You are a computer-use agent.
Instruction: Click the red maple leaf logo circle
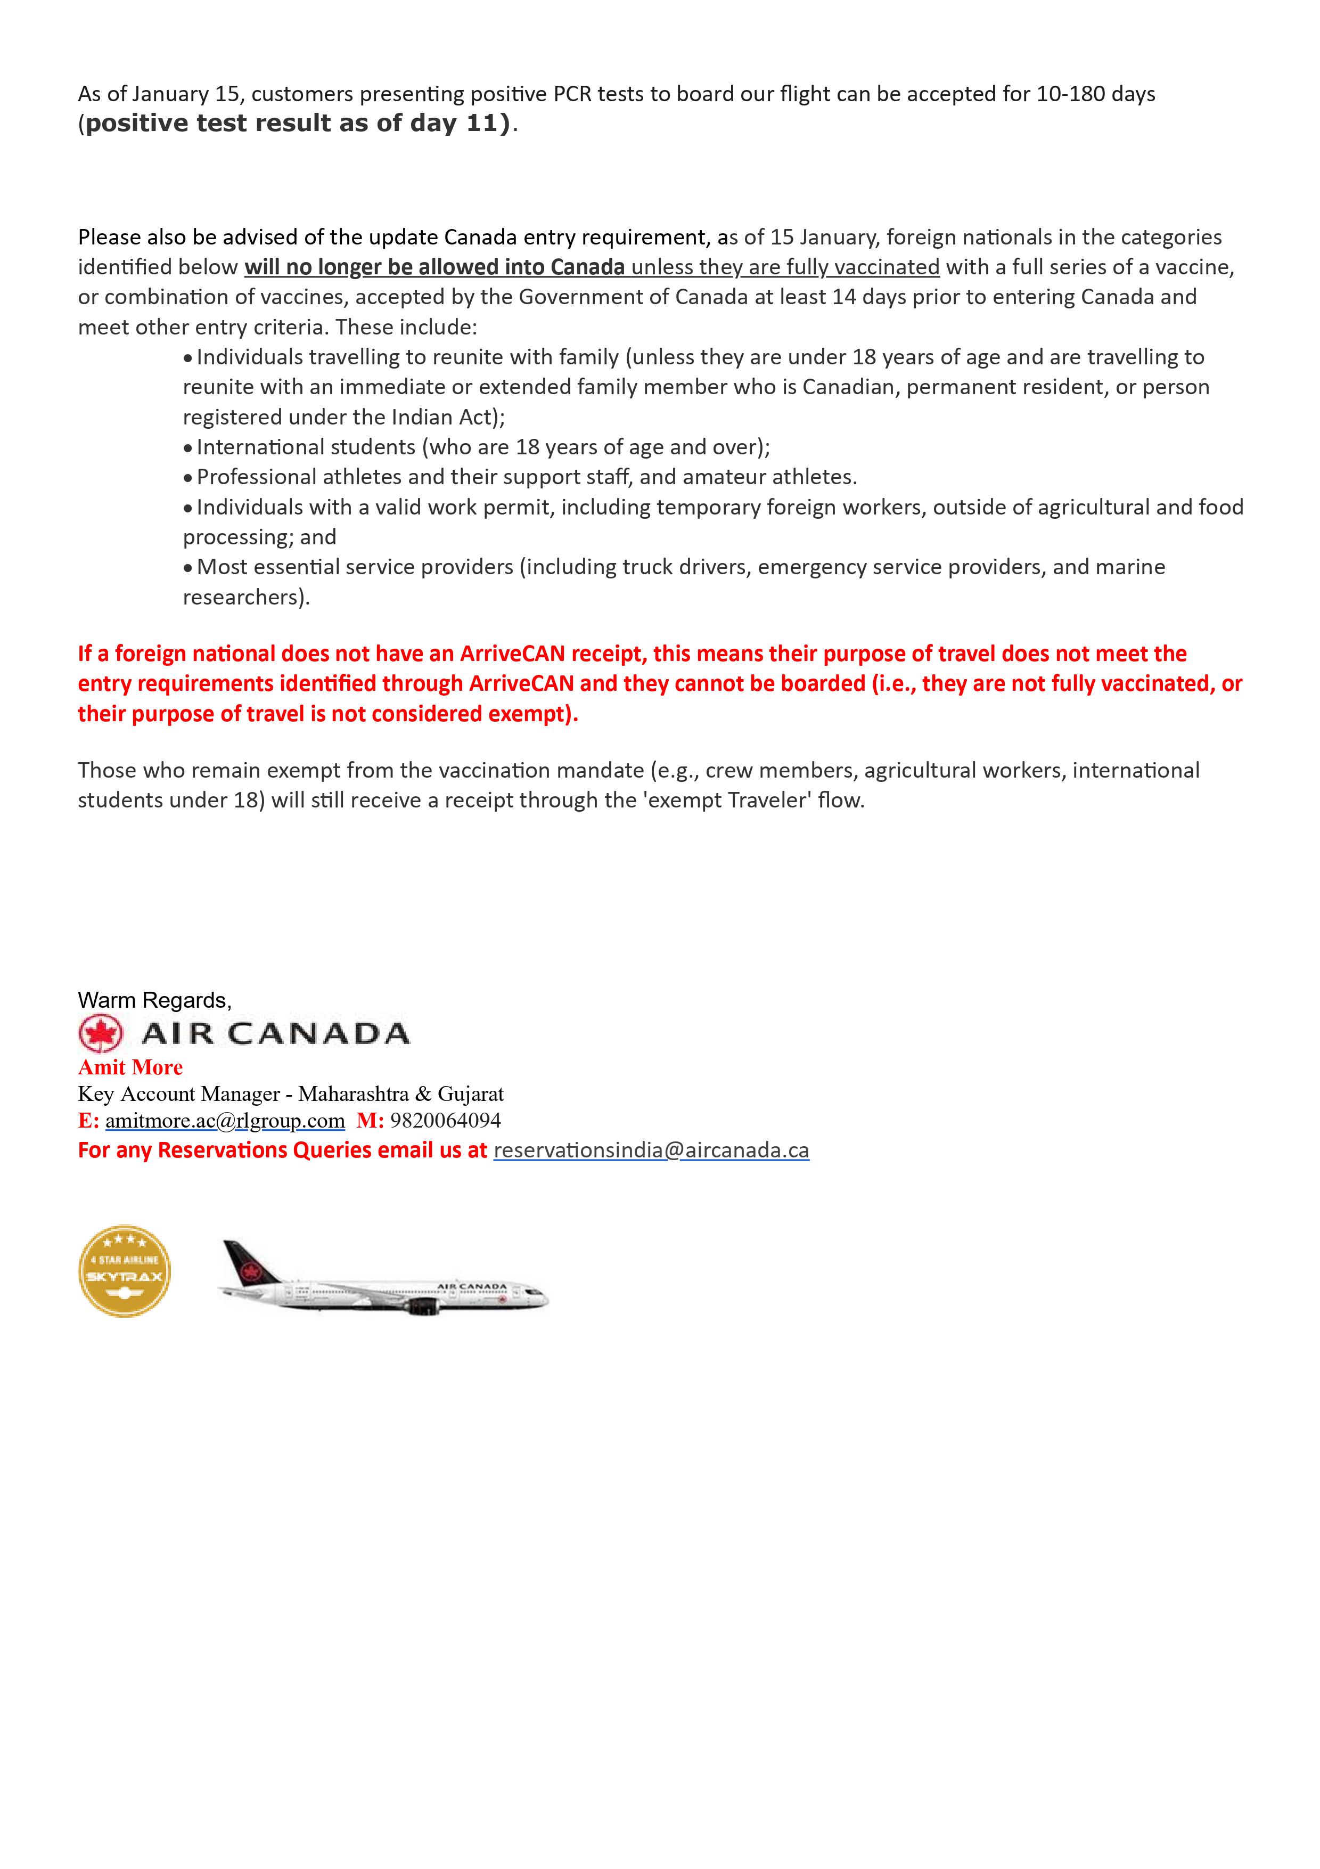[101, 1034]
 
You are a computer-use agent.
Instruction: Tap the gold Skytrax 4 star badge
[125, 1271]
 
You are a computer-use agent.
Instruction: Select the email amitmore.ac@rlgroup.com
[225, 1121]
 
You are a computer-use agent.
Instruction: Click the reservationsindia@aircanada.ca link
[651, 1150]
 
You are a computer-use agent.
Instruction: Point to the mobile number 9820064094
[445, 1121]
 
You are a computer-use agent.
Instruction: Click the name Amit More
[130, 1067]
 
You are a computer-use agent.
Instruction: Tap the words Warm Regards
[154, 1000]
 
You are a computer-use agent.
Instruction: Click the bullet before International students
[188, 448]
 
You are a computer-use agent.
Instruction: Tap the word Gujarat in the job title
[471, 1094]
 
